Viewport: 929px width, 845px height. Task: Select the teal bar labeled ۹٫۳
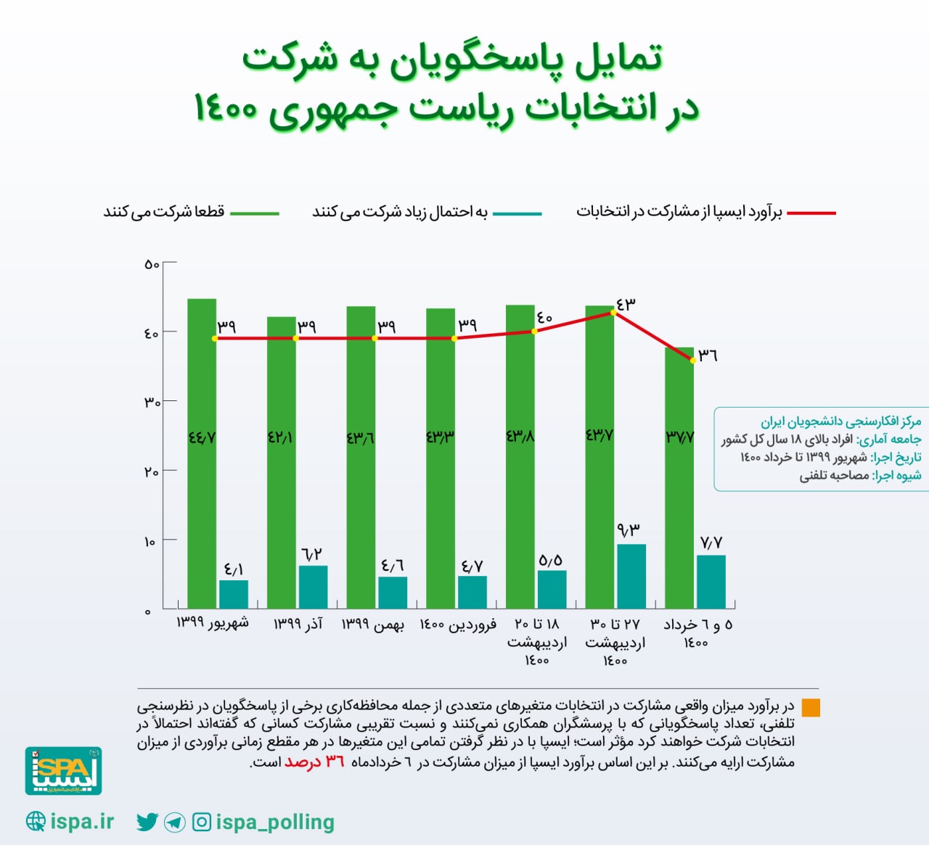(x=631, y=576)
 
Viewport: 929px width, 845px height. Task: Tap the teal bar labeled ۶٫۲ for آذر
(x=313, y=587)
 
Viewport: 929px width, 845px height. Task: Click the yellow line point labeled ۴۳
(x=614, y=312)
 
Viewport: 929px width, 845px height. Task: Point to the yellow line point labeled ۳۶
(x=693, y=360)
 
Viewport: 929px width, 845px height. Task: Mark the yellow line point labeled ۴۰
(x=534, y=331)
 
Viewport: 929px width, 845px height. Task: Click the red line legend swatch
(x=811, y=213)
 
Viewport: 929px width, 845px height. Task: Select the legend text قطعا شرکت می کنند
(x=164, y=212)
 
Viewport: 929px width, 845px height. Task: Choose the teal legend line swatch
(x=517, y=213)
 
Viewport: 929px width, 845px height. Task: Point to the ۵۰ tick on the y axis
(x=152, y=265)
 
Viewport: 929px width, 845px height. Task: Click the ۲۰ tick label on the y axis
(x=151, y=472)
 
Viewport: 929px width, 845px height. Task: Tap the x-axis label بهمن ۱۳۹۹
(x=373, y=625)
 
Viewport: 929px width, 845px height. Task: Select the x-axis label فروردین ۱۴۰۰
(x=458, y=625)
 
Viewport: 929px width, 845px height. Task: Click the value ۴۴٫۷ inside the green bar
(x=202, y=438)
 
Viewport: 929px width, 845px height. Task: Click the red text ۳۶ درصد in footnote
(x=314, y=762)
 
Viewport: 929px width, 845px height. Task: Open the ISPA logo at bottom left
(x=64, y=771)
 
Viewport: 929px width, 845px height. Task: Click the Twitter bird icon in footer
(x=147, y=822)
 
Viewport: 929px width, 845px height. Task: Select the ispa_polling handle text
(x=275, y=822)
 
